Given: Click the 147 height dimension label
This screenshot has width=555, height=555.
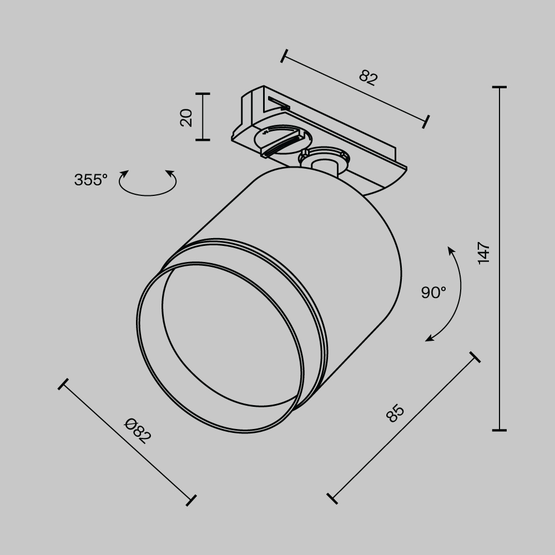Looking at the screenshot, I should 484,253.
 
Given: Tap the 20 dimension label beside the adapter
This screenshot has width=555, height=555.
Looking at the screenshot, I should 186,117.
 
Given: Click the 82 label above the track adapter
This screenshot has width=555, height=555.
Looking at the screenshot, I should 368,77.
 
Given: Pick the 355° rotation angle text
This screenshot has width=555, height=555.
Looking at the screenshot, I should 90,180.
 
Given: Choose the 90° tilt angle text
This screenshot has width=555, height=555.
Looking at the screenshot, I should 433,292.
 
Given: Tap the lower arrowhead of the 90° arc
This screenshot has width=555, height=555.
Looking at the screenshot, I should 428,339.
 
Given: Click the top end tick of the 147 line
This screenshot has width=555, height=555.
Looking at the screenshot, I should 499,88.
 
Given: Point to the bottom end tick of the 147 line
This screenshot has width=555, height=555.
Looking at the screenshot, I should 499,430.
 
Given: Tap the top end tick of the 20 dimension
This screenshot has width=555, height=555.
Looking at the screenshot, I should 203,94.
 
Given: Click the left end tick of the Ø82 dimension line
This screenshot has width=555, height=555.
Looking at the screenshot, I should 63,384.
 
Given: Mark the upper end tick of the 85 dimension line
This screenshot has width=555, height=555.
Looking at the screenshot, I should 475,357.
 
